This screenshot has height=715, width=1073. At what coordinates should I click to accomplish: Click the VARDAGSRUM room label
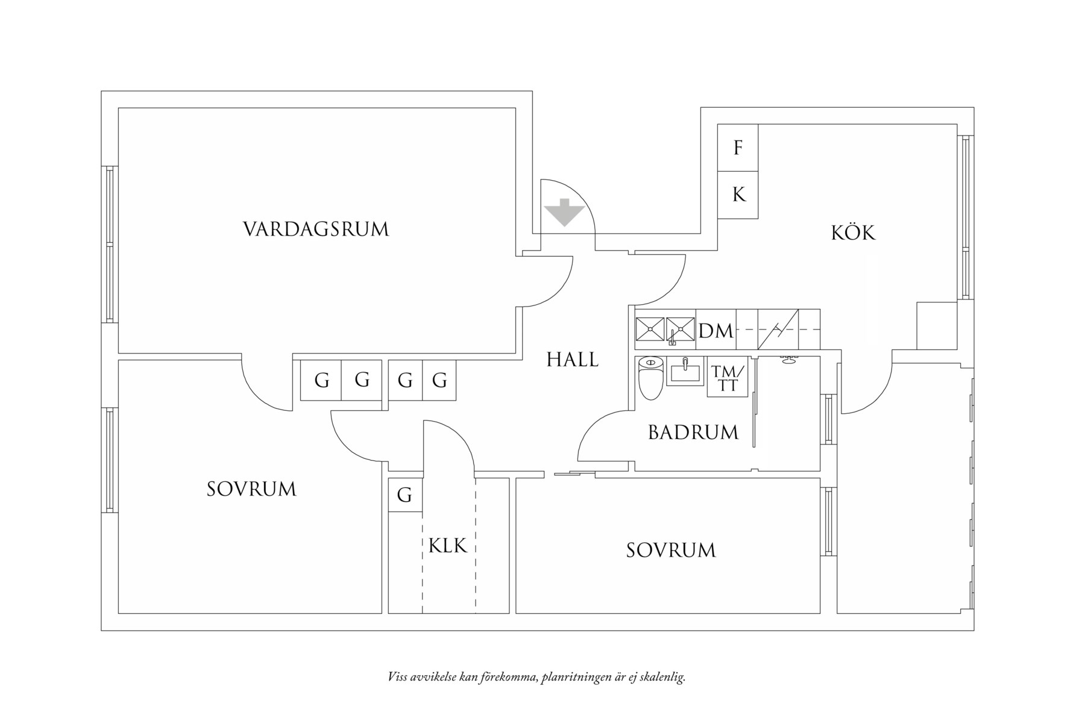pos(316,229)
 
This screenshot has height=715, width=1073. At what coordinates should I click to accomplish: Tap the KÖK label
pos(853,233)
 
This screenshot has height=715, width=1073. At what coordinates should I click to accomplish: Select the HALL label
pos(572,360)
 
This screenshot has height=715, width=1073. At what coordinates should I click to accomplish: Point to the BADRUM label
pos(693,432)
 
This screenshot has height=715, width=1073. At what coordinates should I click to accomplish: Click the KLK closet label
pos(448,546)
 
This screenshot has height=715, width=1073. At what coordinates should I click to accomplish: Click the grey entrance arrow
pos(564,212)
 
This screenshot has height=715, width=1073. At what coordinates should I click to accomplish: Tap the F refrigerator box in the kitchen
pos(738,148)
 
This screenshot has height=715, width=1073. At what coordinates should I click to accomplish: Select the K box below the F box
pos(738,195)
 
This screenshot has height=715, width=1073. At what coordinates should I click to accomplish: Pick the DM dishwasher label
pos(716,331)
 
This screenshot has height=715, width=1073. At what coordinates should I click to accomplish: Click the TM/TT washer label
pos(728,379)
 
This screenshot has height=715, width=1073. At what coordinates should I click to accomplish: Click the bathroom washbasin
pos(685,370)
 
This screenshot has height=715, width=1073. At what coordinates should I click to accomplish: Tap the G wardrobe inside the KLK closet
pos(404,495)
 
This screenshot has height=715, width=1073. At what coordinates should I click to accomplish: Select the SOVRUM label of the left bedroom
pos(251,489)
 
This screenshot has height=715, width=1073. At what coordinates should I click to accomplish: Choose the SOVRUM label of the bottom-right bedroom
pos(671,551)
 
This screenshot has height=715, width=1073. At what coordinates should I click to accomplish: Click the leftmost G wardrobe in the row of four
pos(321,381)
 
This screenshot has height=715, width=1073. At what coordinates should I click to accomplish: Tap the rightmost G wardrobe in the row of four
pos(439,381)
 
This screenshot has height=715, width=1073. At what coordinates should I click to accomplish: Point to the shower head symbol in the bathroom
pos(787,360)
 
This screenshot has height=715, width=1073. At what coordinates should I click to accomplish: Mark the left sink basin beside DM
pos(650,329)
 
